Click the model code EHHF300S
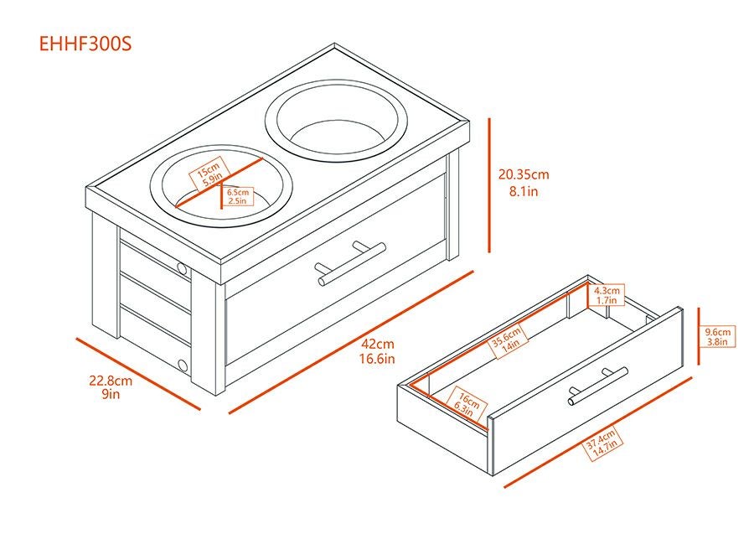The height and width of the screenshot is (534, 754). [85, 44]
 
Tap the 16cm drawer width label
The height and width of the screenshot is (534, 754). [467, 403]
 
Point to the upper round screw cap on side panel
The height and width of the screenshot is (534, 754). [182, 268]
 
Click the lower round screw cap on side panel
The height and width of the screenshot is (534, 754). [183, 365]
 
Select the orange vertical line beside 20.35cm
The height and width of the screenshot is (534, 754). [489, 185]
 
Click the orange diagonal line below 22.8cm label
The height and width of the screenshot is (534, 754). [138, 374]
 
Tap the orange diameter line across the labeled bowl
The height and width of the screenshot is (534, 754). [219, 182]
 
